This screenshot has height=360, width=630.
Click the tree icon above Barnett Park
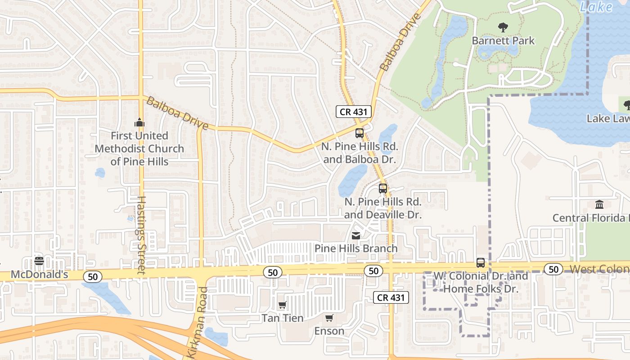(503, 27)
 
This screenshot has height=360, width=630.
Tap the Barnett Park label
(503, 40)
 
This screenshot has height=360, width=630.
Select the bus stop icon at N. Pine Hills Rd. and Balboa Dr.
(359, 133)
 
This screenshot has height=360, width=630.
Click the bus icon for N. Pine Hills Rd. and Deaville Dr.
(382, 189)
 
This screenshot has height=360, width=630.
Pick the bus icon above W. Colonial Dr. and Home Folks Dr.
(481, 263)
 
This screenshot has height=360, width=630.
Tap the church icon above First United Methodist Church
(139, 122)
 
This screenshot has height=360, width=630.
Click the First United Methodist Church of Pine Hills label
(139, 148)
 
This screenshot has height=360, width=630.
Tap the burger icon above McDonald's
(39, 261)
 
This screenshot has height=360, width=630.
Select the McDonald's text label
(39, 274)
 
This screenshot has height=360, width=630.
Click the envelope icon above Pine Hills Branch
(355, 235)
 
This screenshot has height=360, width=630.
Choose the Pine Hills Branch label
(356, 248)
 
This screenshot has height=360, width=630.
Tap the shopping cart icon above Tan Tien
(282, 305)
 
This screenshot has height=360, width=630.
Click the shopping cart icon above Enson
(329, 318)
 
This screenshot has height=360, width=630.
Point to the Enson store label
(329, 331)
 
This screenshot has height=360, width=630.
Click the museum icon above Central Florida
(599, 205)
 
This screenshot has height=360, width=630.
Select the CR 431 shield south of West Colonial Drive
(391, 297)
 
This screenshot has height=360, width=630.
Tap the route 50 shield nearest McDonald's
(93, 276)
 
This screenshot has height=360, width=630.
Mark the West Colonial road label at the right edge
(599, 269)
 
